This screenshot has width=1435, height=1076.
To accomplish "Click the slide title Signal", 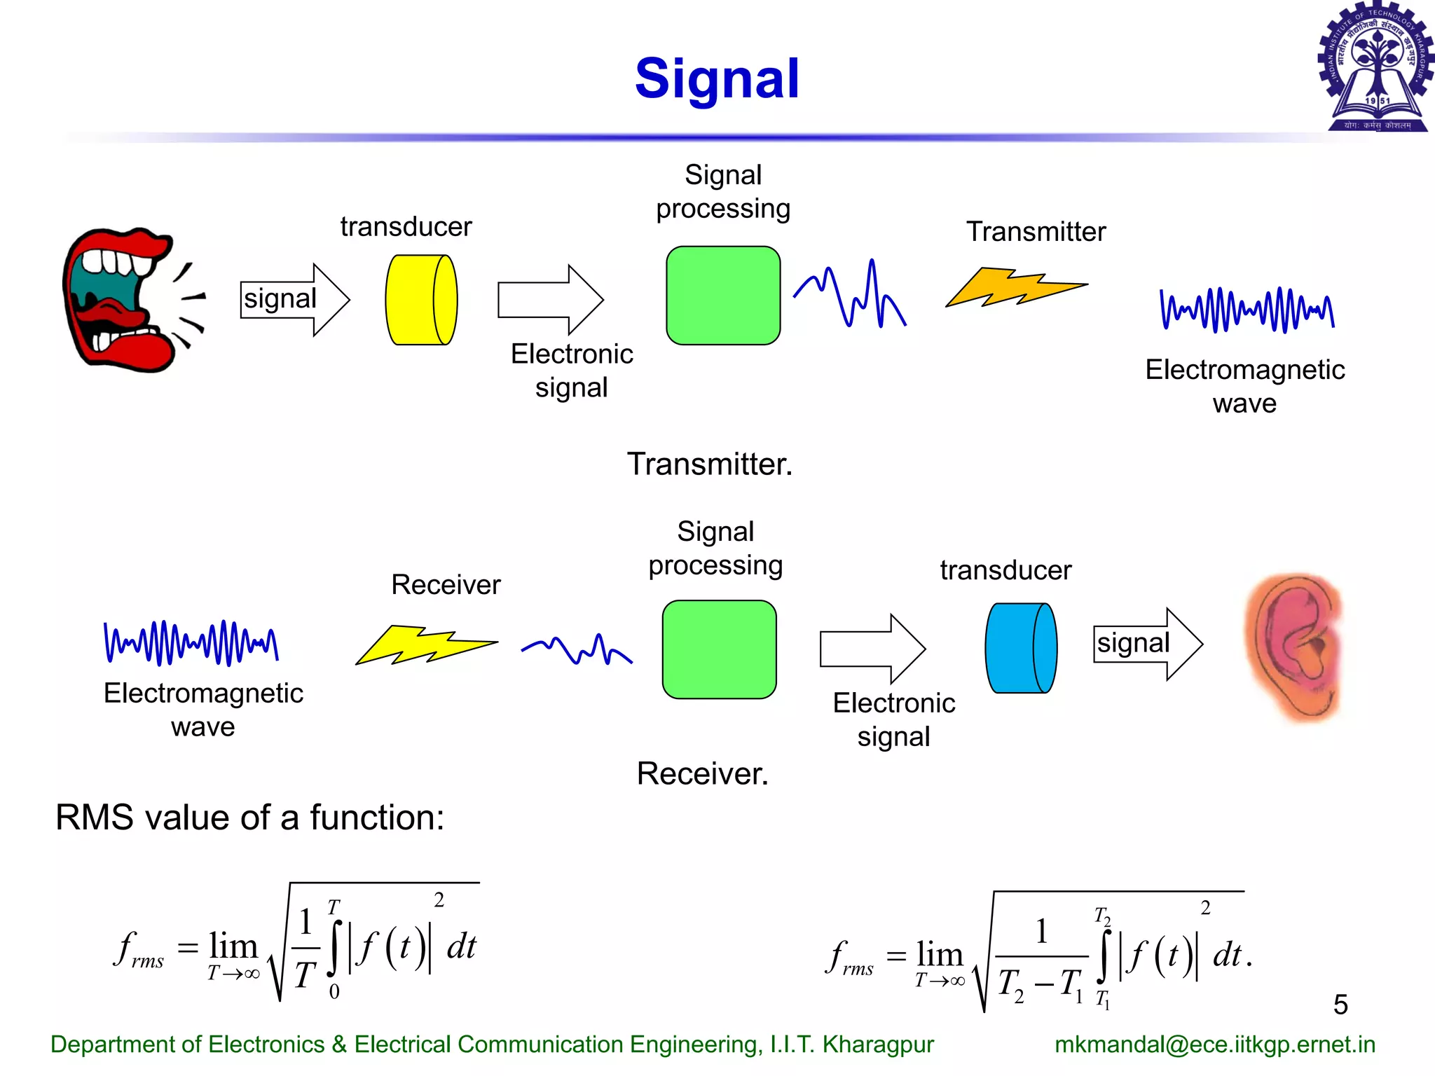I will pyautogui.click(x=716, y=78).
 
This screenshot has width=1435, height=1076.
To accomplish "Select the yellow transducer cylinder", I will pyautogui.click(x=421, y=300).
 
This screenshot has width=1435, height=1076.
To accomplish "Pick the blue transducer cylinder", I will pyautogui.click(x=1021, y=648).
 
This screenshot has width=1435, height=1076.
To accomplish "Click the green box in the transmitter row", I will pyautogui.click(x=723, y=296).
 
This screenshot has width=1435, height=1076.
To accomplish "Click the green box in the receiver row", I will pyautogui.click(x=719, y=649).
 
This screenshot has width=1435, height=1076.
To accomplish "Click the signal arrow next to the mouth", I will pyautogui.click(x=294, y=300).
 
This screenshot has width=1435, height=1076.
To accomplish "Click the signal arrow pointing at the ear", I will pyautogui.click(x=1148, y=644).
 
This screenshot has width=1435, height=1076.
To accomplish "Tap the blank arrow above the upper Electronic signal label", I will pyautogui.click(x=550, y=300).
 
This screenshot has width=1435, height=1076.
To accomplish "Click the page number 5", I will pyautogui.click(x=1340, y=1005).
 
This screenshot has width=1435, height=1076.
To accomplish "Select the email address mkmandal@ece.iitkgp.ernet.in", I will pyautogui.click(x=1214, y=1044).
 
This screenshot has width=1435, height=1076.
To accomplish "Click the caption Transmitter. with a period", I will pyautogui.click(x=709, y=464).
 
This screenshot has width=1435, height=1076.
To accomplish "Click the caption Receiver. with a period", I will pyautogui.click(x=702, y=773).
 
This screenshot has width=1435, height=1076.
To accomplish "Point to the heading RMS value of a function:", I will pyautogui.click(x=250, y=818).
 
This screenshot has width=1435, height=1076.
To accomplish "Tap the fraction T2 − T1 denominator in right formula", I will pyautogui.click(x=1041, y=984).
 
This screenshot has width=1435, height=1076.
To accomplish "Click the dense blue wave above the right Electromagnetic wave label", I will pyautogui.click(x=1247, y=309).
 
